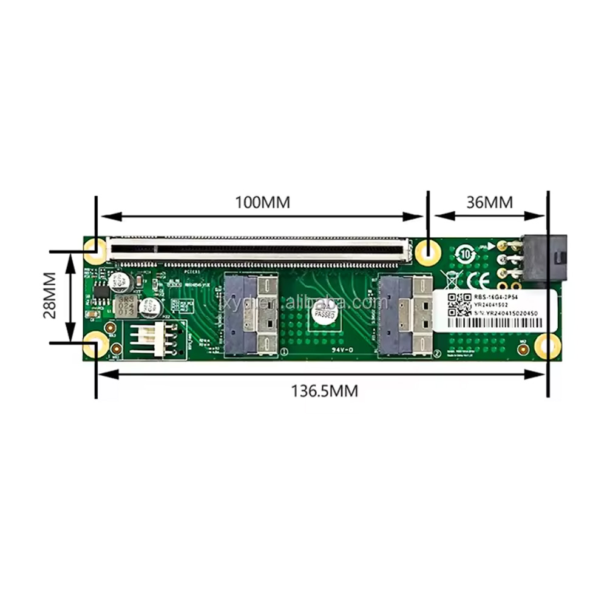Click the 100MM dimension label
click(x=262, y=202)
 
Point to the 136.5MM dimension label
click(x=325, y=392)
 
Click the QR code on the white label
click(x=459, y=302)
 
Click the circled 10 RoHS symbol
click(x=466, y=253)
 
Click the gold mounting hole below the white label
click(x=547, y=347)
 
